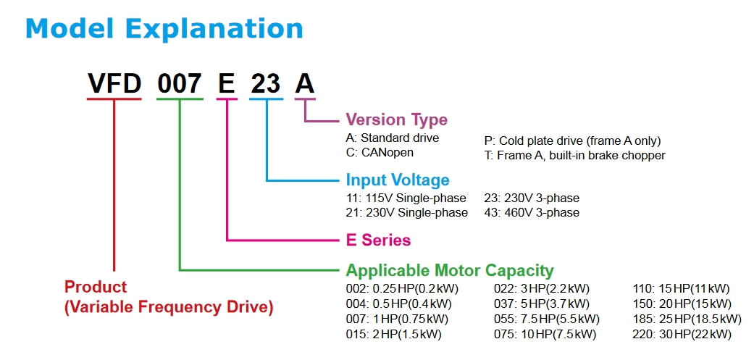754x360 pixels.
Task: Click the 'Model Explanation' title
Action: [164, 29]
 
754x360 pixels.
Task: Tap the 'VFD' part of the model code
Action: [114, 84]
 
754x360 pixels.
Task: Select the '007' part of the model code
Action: [180, 84]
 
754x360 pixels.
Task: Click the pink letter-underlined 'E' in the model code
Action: [227, 84]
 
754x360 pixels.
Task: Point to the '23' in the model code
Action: [266, 84]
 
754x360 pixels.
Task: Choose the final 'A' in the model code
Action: [305, 84]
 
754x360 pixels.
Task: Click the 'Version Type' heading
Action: [396, 120]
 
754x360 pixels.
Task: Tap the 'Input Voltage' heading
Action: [398, 180]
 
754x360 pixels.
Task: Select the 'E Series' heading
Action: [378, 240]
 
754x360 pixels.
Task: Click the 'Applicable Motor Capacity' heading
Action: [450, 271]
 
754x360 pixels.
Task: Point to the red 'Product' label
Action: [96, 287]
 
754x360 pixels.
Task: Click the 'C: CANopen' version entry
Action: [380, 152]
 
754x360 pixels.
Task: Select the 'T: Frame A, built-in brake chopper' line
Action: [574, 155]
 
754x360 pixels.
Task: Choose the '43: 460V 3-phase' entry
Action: [532, 212]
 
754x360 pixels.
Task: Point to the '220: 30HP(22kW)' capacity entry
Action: [682, 334]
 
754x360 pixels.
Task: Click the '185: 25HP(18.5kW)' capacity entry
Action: [687, 319]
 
